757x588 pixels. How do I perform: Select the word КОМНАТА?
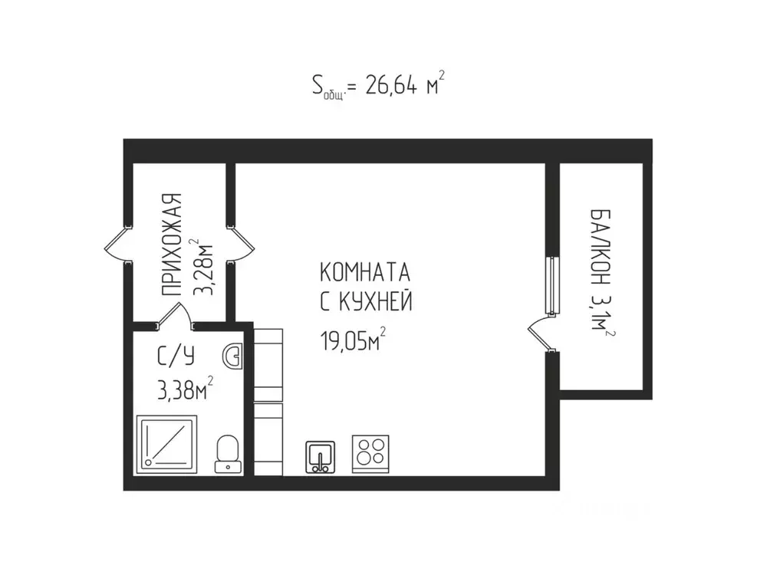364,274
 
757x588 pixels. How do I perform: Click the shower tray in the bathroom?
166,442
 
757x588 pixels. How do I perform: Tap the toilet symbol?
227,452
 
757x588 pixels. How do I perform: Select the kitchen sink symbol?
321,457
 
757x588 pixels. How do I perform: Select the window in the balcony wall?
550,284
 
